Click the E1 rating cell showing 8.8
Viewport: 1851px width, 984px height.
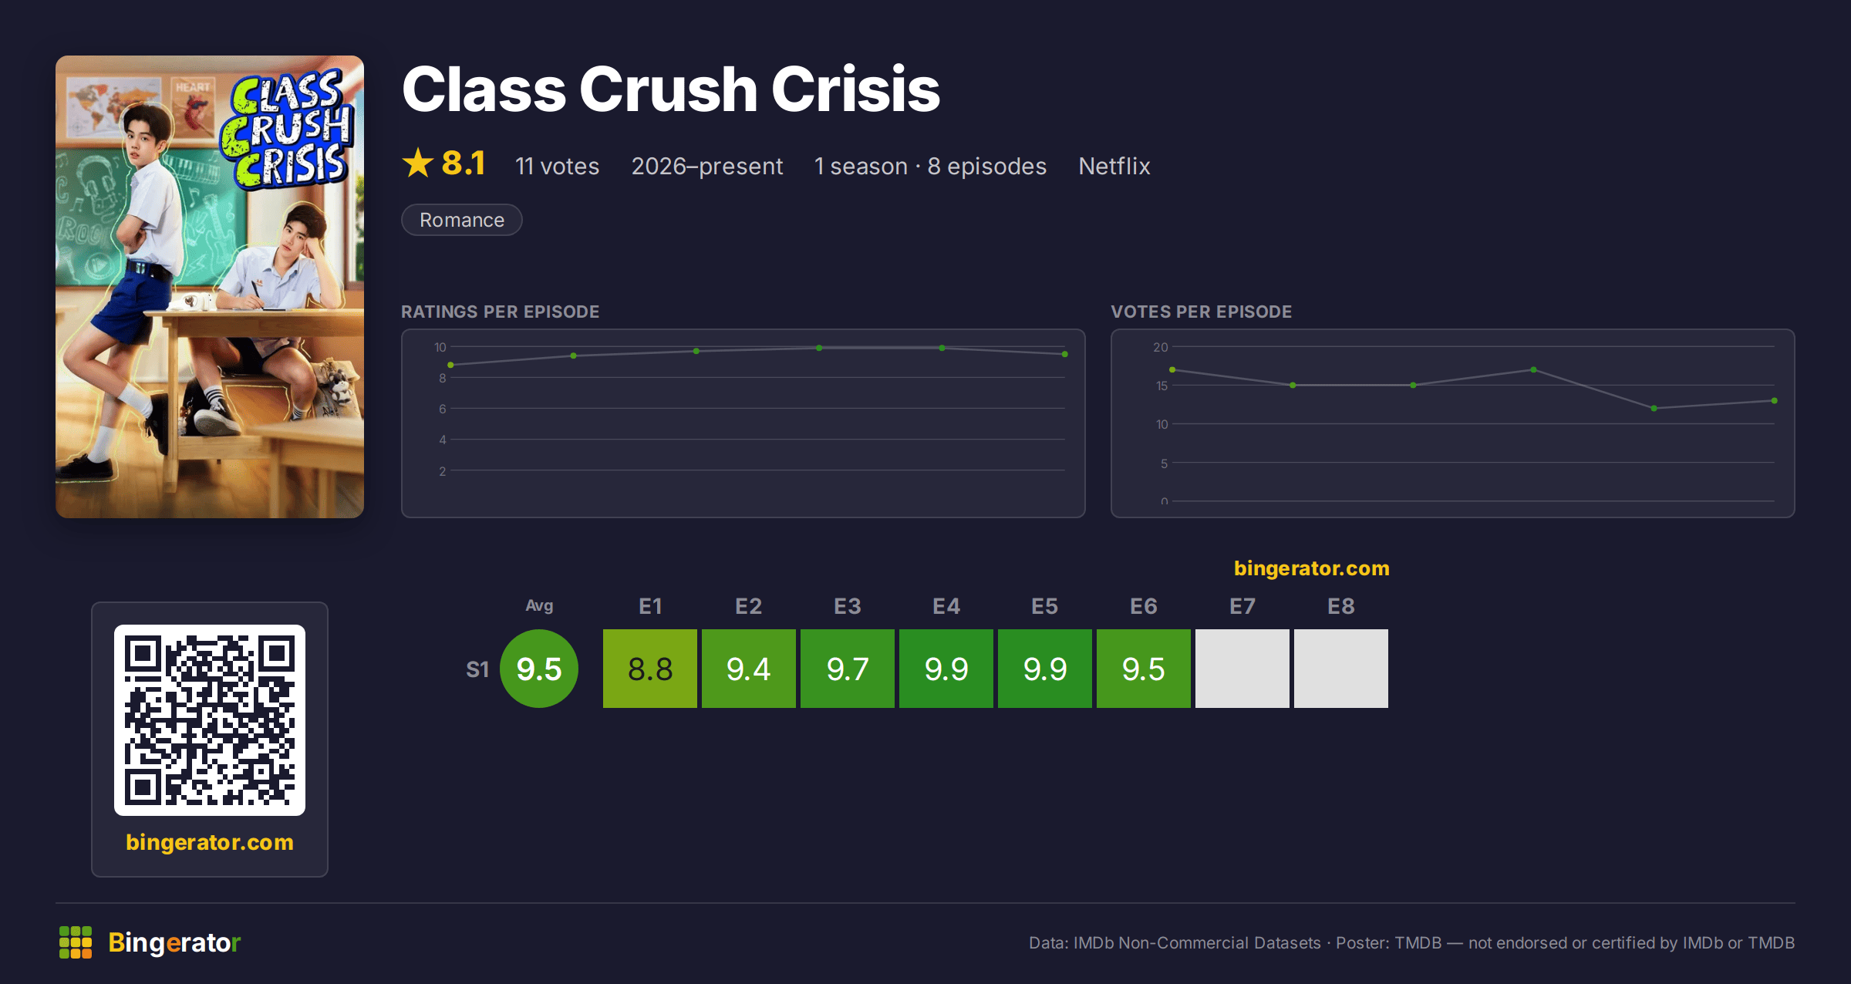point(650,669)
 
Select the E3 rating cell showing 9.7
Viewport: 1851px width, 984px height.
point(848,669)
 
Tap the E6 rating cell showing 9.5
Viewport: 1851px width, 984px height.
point(1144,669)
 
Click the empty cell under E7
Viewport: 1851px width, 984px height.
point(1242,669)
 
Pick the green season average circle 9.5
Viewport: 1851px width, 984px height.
point(539,669)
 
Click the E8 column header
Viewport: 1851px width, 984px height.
point(1341,606)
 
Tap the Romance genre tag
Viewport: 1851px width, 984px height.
point(462,220)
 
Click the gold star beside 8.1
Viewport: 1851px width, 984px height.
point(418,163)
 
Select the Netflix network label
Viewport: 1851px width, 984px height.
point(1114,166)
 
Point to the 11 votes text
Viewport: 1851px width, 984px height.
point(558,166)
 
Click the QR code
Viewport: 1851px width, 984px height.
point(210,720)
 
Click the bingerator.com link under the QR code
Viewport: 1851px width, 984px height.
point(210,842)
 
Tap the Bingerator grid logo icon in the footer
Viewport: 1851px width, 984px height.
point(76,942)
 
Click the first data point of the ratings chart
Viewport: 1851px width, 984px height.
point(450,365)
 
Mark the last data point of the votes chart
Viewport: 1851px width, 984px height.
point(1775,401)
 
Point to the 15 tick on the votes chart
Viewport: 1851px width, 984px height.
point(1162,386)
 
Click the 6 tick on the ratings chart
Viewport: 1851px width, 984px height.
point(443,409)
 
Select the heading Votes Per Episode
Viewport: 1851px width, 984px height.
point(1201,312)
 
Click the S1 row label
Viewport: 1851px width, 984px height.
point(477,669)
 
